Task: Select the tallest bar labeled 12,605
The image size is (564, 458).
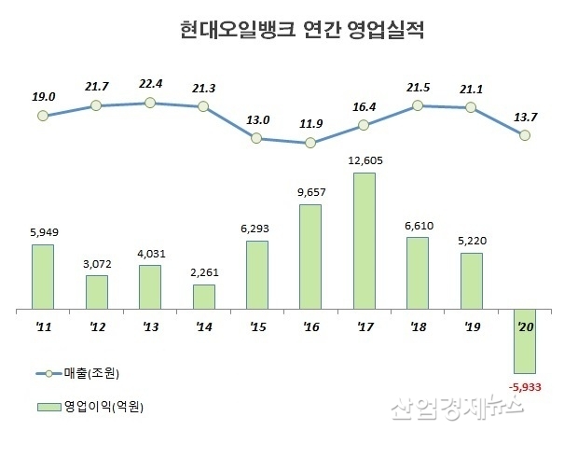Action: pos(365,240)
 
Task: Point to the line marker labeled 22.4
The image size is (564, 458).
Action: pos(149,103)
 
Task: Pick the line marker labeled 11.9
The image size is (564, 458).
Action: pos(310,144)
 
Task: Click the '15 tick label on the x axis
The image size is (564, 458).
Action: pos(256,328)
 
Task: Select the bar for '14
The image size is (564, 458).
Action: pos(203,297)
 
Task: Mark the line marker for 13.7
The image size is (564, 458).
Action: pos(525,135)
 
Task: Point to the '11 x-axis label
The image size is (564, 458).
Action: pos(42,328)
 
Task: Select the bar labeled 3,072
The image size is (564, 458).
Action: pos(96,291)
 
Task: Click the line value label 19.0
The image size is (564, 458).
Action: pos(43,96)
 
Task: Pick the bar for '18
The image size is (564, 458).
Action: pos(418,272)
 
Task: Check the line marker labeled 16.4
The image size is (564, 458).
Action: pos(365,125)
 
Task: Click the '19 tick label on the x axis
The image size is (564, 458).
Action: pos(472,328)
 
